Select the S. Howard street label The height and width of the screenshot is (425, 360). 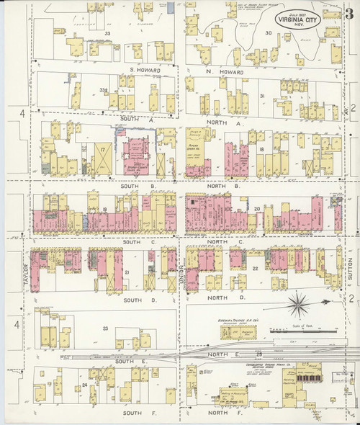tap(143, 70)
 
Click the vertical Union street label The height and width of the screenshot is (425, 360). tap(181, 272)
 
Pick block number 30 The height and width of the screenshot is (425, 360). tap(268, 33)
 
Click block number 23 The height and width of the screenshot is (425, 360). tap(104, 328)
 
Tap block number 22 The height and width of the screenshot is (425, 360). tap(255, 268)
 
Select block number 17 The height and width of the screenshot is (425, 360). tap(104, 149)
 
